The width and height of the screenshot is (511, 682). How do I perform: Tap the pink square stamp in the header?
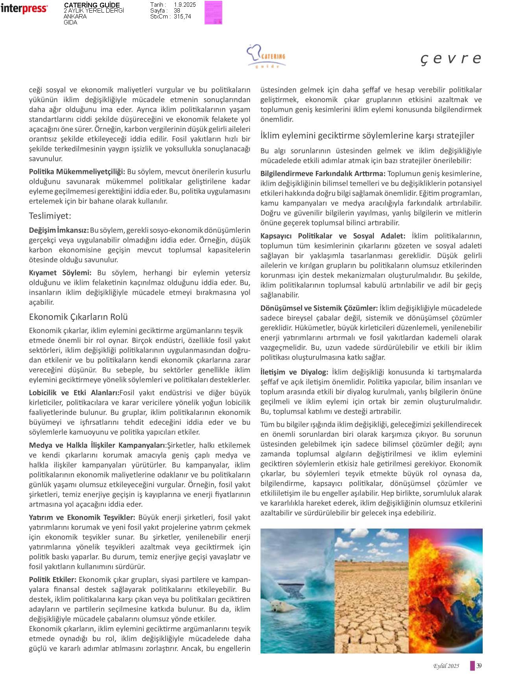[x=213, y=13]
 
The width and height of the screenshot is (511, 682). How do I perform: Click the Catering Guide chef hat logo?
[x=266, y=56]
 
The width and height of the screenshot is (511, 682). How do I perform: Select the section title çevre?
[x=451, y=58]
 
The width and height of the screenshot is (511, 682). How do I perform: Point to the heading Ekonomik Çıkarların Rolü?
[x=78, y=317]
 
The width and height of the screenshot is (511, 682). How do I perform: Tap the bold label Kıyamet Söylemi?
[x=60, y=273]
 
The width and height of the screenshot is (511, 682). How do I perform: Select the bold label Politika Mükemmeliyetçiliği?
[x=77, y=172]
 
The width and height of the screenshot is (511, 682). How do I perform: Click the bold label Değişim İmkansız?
[x=59, y=230]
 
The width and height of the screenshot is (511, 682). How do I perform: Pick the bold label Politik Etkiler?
[x=53, y=580]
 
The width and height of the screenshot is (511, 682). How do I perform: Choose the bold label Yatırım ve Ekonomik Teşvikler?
[x=82, y=517]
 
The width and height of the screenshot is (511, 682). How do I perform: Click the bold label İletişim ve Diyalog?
[x=294, y=372]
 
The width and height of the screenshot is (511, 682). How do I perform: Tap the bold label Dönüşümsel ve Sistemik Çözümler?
[x=319, y=308]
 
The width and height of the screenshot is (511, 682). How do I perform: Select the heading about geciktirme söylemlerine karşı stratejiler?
[x=367, y=135]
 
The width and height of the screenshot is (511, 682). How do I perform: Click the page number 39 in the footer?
[x=479, y=666]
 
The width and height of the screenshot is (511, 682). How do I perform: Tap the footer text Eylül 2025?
[x=446, y=666]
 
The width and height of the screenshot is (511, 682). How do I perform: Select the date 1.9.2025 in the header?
[x=184, y=5]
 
